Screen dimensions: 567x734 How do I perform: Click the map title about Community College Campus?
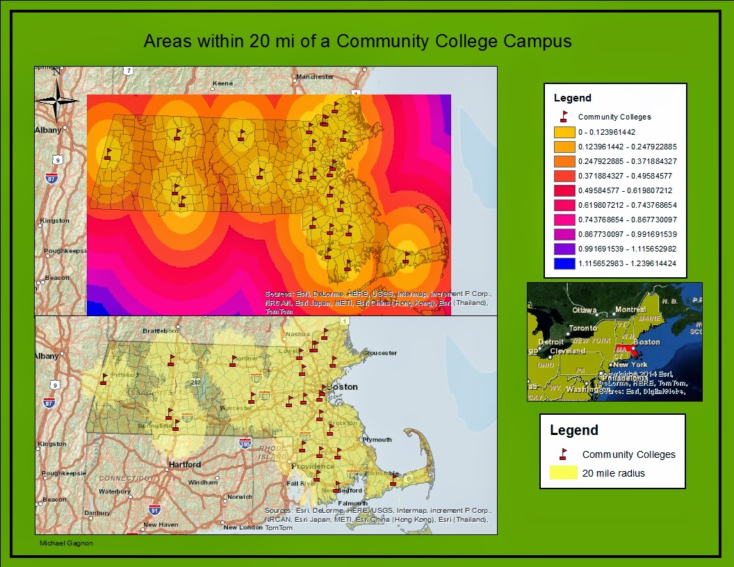[357, 41]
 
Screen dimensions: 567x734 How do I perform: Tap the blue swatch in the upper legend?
[564, 263]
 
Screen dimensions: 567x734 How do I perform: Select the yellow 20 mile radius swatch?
[564, 473]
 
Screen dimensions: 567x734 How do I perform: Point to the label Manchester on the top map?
[315, 76]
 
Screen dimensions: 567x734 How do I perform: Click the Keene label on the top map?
[222, 83]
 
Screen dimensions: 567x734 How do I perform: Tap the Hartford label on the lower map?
[184, 464]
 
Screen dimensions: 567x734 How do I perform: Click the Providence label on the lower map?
[313, 466]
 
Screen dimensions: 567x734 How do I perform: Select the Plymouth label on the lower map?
[377, 440]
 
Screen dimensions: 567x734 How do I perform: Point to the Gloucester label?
[380, 353]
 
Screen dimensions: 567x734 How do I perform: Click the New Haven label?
[161, 525]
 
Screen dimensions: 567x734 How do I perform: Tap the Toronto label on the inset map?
[582, 328]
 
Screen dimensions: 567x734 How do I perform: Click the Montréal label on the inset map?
[630, 309]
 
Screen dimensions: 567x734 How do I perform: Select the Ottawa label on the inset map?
[585, 310]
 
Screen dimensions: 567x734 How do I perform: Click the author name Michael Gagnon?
[65, 543]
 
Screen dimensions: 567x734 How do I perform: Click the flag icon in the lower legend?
[564, 454]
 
